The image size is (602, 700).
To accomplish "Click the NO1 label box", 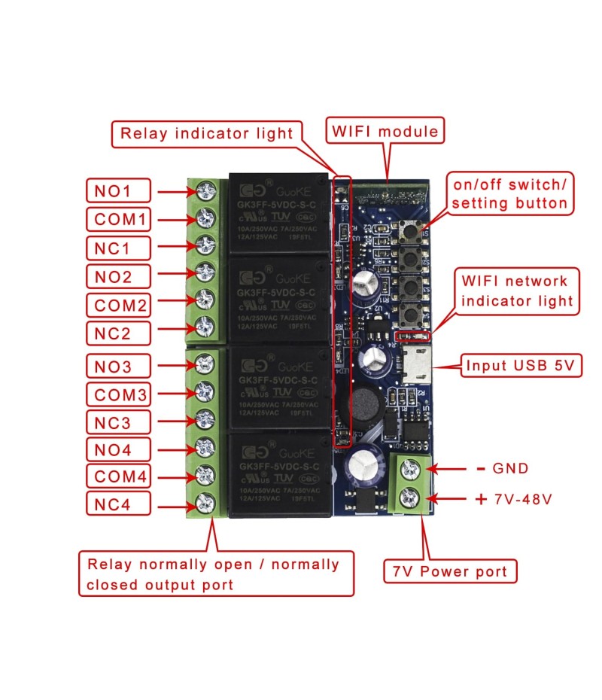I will pyautogui.click(x=118, y=191).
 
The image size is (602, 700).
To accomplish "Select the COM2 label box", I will pyautogui.click(x=118, y=306).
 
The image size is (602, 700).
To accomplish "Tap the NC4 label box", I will pyautogui.click(x=118, y=504).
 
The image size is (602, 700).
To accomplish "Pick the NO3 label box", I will pyautogui.click(x=118, y=367).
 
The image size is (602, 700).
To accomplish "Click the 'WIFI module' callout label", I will pyautogui.click(x=385, y=132).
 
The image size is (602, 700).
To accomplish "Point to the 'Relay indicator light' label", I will pyautogui.click(x=207, y=134).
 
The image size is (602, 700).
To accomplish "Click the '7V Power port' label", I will pyautogui.click(x=450, y=571).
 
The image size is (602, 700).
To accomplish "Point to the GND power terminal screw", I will pyautogui.click(x=410, y=469).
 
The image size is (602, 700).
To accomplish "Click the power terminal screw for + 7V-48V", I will pyautogui.click(x=410, y=498).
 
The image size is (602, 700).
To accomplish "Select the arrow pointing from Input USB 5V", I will pyautogui.click(x=448, y=367).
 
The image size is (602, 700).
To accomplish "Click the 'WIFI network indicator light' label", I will pyautogui.click(x=515, y=291).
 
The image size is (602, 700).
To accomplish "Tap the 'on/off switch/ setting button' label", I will pyautogui.click(x=509, y=193).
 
